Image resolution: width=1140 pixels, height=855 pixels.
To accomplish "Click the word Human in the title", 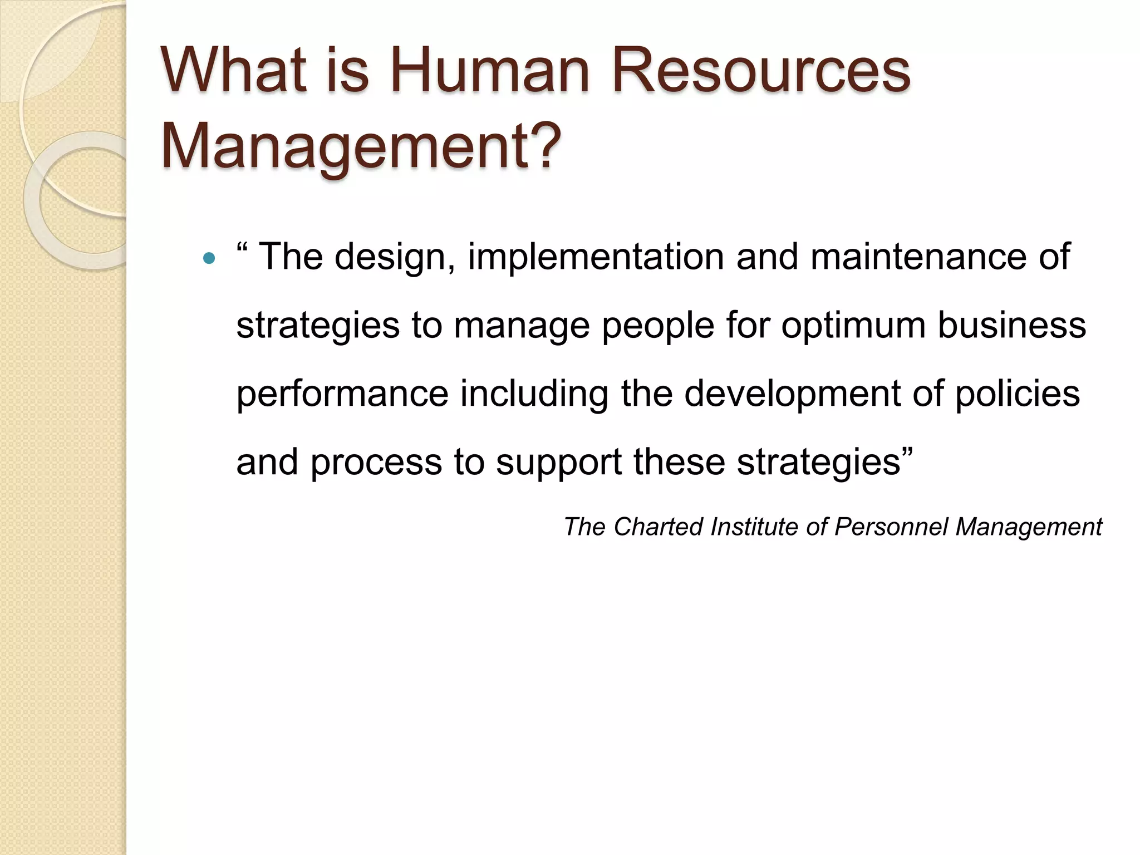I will (x=489, y=71).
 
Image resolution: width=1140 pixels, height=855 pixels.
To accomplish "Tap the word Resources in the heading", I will (x=761, y=71).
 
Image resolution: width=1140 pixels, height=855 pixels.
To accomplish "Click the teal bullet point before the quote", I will (x=209, y=258).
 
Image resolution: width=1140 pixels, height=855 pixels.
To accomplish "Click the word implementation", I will (x=595, y=257).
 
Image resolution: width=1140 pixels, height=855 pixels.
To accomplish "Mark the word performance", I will (x=342, y=394).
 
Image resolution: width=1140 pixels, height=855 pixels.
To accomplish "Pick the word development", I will (x=791, y=394).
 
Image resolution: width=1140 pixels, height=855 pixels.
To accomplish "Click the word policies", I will (x=1018, y=394).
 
